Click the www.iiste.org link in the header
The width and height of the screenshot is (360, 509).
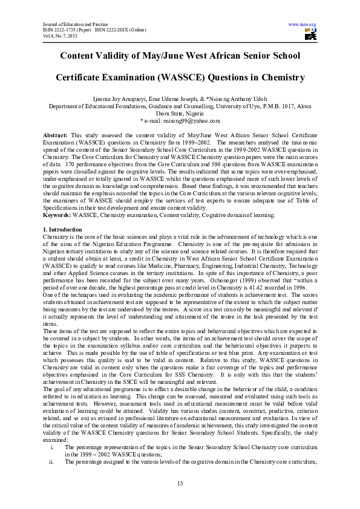(x=303, y=25)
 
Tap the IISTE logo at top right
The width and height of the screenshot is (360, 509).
(x=310, y=34)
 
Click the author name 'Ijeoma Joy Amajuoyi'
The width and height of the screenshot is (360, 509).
(x=124, y=98)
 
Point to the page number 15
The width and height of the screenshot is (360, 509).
(x=180, y=482)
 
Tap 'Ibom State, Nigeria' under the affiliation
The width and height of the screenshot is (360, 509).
(x=180, y=113)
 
